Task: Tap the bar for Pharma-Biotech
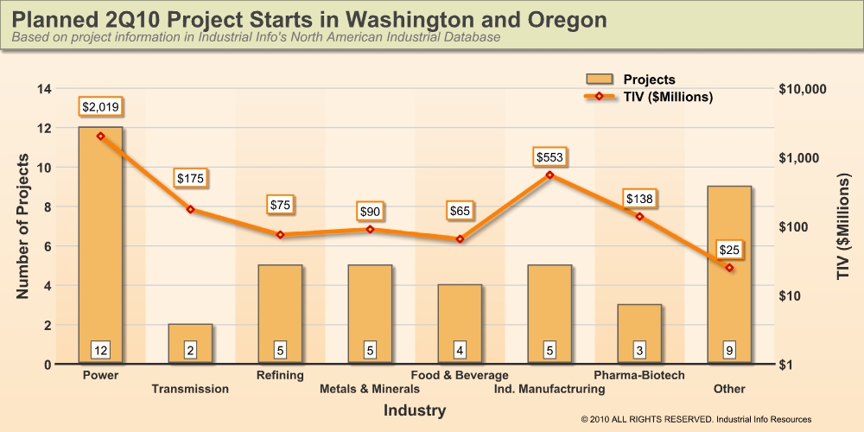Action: coord(639,334)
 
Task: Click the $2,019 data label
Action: coord(100,107)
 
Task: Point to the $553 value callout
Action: coord(550,157)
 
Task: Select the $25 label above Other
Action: coord(729,250)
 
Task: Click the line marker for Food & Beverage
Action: coord(460,238)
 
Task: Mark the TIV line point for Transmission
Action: coord(190,209)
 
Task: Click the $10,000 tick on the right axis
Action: coord(803,89)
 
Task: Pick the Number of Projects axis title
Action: coord(23,227)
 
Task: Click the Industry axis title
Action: coord(415,410)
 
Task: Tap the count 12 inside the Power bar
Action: coord(100,350)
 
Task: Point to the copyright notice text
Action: coord(696,419)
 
